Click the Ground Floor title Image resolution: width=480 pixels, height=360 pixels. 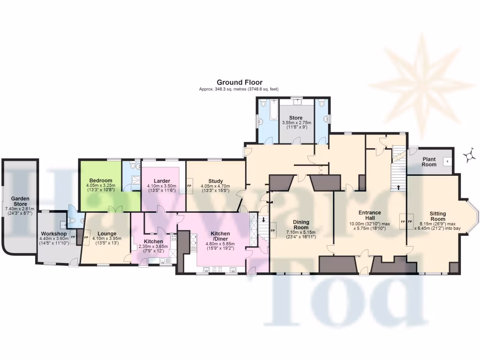click(x=240, y=82)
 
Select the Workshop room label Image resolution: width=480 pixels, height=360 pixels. click(x=52, y=233)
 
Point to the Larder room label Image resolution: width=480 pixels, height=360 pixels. click(x=162, y=181)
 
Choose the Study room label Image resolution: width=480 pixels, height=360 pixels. click(x=215, y=181)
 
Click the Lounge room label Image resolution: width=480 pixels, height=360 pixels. click(x=107, y=233)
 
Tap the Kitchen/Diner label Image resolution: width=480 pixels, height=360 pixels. click(x=220, y=236)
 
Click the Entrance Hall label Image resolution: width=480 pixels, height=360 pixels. click(x=369, y=215)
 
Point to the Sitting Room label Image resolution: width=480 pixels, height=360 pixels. click(x=438, y=216)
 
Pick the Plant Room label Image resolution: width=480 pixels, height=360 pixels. click(x=429, y=162)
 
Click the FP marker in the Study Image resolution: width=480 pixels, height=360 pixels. click(x=189, y=186)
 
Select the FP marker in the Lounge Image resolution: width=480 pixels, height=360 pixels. click(x=86, y=238)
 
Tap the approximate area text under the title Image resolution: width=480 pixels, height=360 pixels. click(x=240, y=89)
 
